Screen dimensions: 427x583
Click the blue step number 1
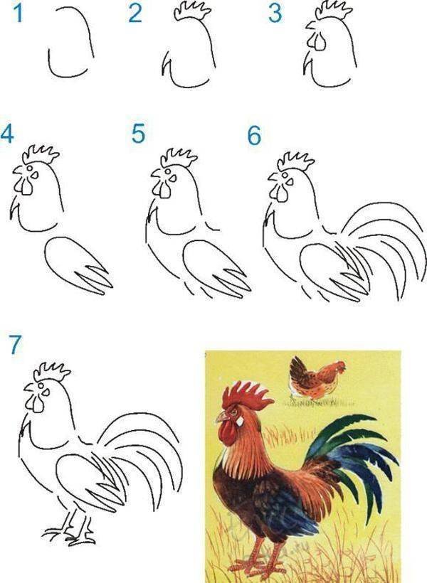(18, 13)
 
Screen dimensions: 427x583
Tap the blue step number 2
(135, 14)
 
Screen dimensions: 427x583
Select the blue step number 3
(275, 14)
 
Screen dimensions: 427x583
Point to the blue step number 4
(7, 134)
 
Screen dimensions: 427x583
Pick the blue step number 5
(138, 134)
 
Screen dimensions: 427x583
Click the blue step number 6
(254, 136)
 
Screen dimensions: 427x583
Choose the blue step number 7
(15, 345)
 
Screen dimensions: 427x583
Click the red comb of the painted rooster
(246, 395)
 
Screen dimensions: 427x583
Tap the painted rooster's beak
(221, 417)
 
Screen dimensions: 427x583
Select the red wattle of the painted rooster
(227, 434)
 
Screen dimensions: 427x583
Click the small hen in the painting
(317, 378)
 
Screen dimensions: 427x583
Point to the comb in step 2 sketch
(191, 11)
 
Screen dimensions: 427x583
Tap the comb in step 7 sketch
(52, 372)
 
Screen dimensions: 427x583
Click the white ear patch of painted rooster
(240, 421)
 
